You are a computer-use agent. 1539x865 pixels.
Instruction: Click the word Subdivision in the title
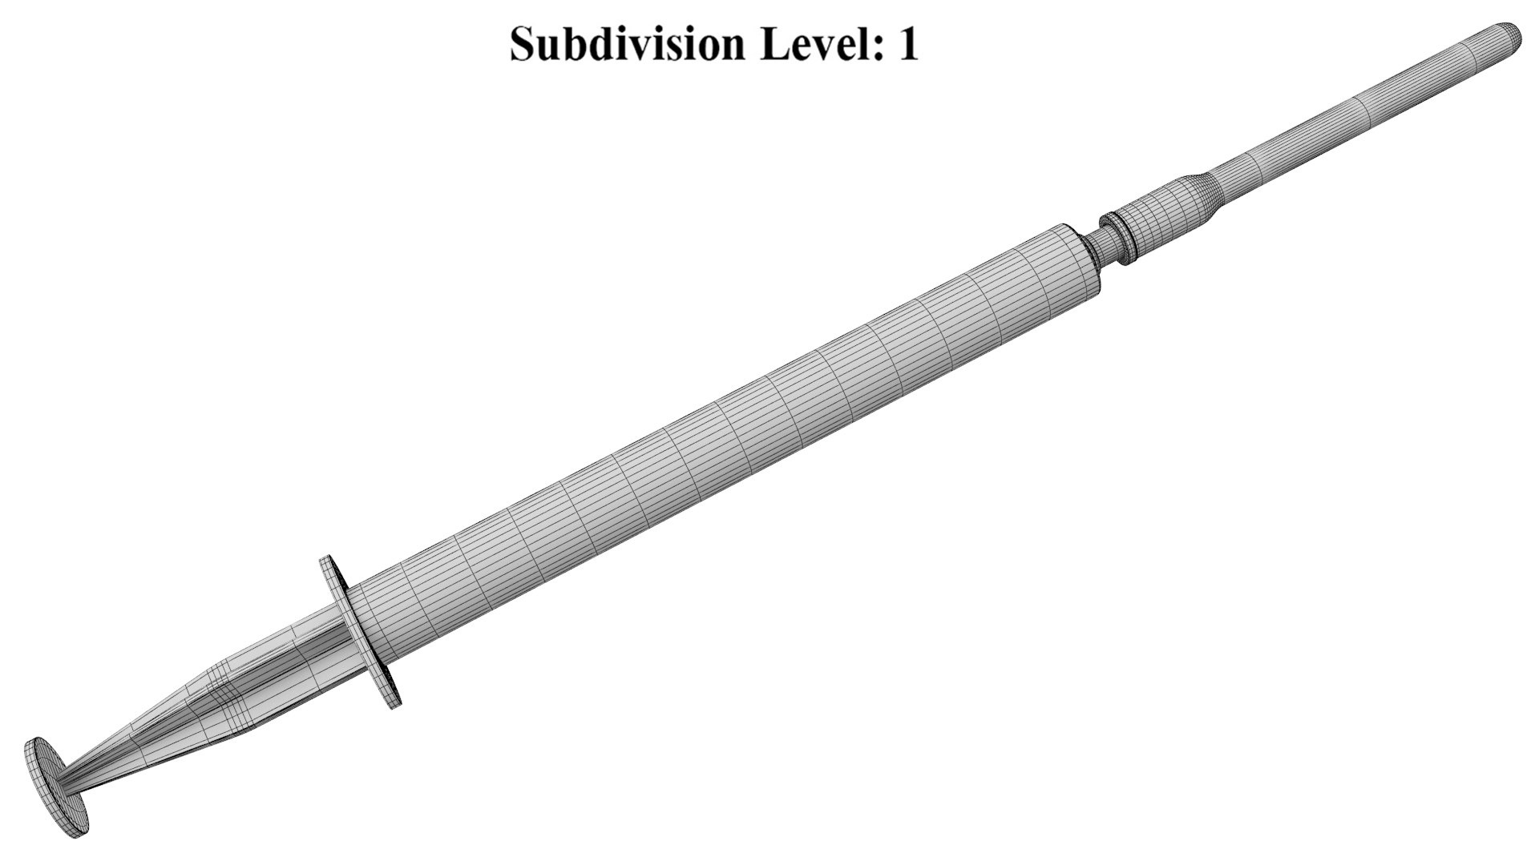coord(627,43)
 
